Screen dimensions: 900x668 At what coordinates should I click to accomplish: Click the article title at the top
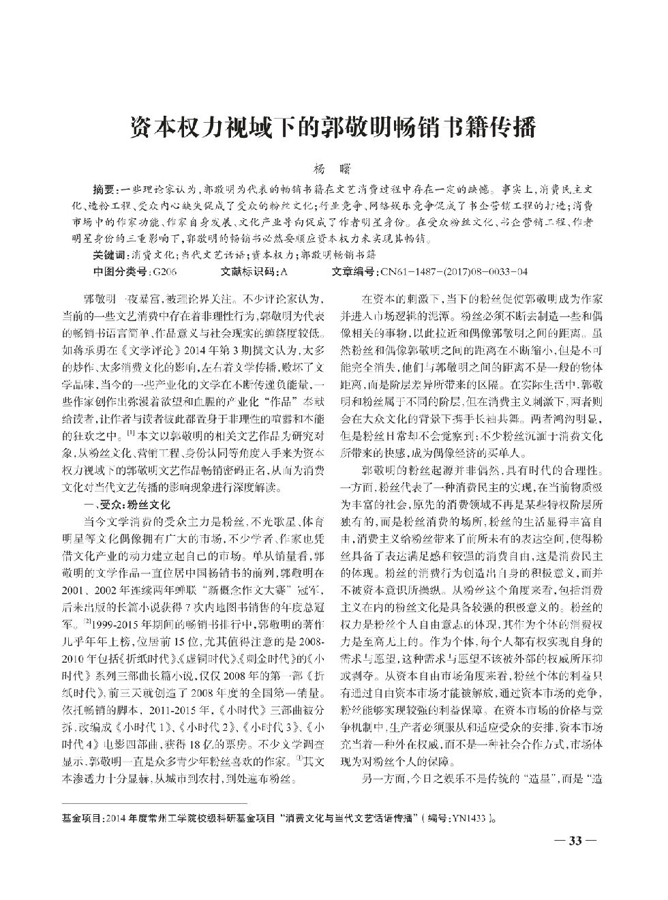333,127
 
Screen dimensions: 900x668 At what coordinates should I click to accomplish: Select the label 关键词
110,255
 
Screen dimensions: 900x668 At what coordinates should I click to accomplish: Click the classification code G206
166,271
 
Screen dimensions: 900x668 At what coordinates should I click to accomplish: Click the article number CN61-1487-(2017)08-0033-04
453,271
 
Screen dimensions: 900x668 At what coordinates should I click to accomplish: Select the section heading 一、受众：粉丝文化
125,505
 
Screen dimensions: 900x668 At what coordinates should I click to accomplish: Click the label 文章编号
354,271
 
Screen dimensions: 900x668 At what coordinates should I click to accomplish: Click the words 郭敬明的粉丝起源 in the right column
404,470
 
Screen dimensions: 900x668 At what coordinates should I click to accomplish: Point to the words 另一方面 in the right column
384,779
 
